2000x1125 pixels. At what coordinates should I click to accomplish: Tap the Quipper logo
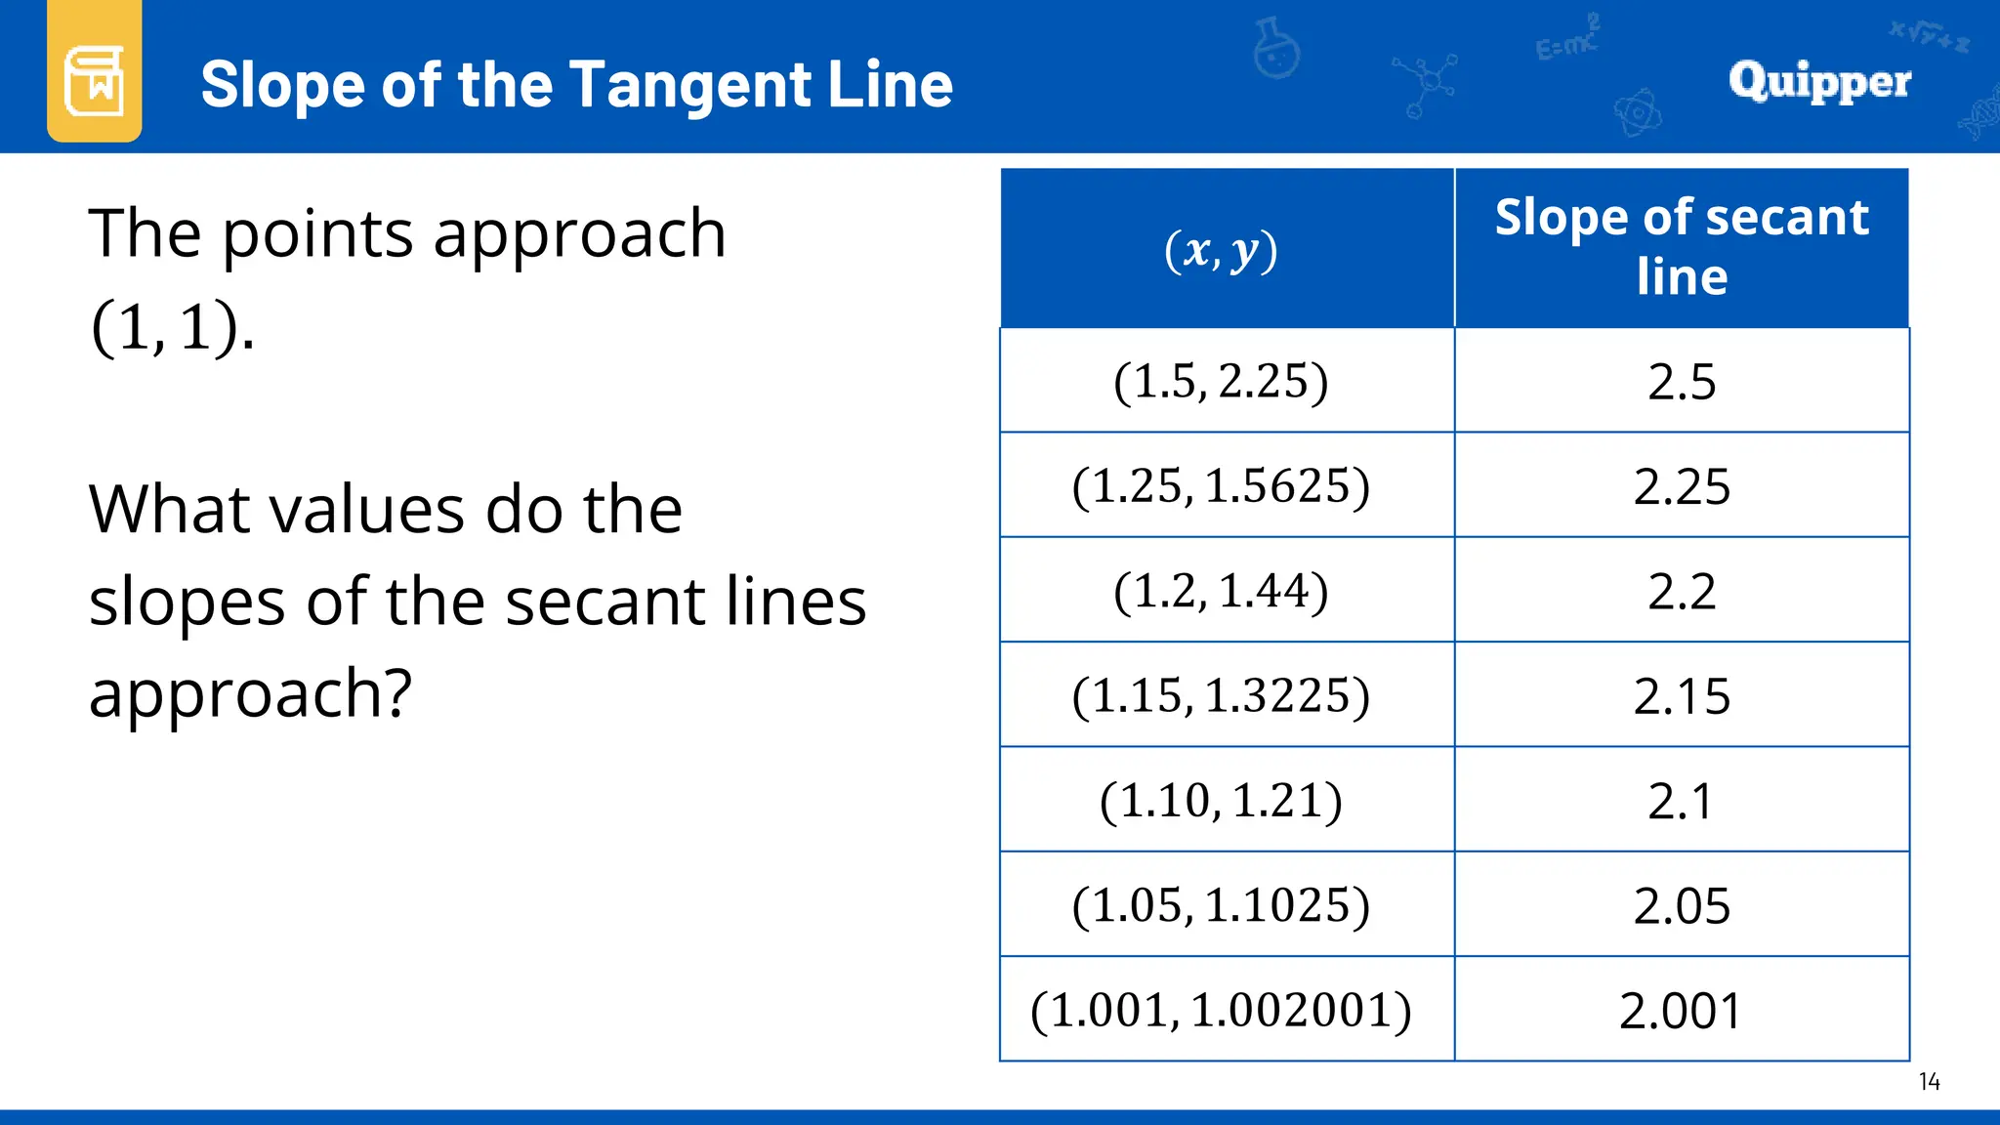coord(1819,80)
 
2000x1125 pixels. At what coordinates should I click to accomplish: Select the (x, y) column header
coord(1221,250)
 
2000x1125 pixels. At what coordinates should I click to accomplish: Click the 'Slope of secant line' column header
coord(1681,246)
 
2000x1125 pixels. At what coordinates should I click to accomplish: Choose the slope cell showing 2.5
coord(1681,381)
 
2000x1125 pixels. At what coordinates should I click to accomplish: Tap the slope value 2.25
coord(1681,486)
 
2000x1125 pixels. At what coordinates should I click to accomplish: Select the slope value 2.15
coord(1681,696)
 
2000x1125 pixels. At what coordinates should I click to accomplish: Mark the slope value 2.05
coord(1681,906)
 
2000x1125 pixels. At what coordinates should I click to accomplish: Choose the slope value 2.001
coord(1681,1011)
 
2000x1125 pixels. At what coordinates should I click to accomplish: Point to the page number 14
coord(1929,1081)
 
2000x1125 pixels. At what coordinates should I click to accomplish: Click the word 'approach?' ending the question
coord(251,693)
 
